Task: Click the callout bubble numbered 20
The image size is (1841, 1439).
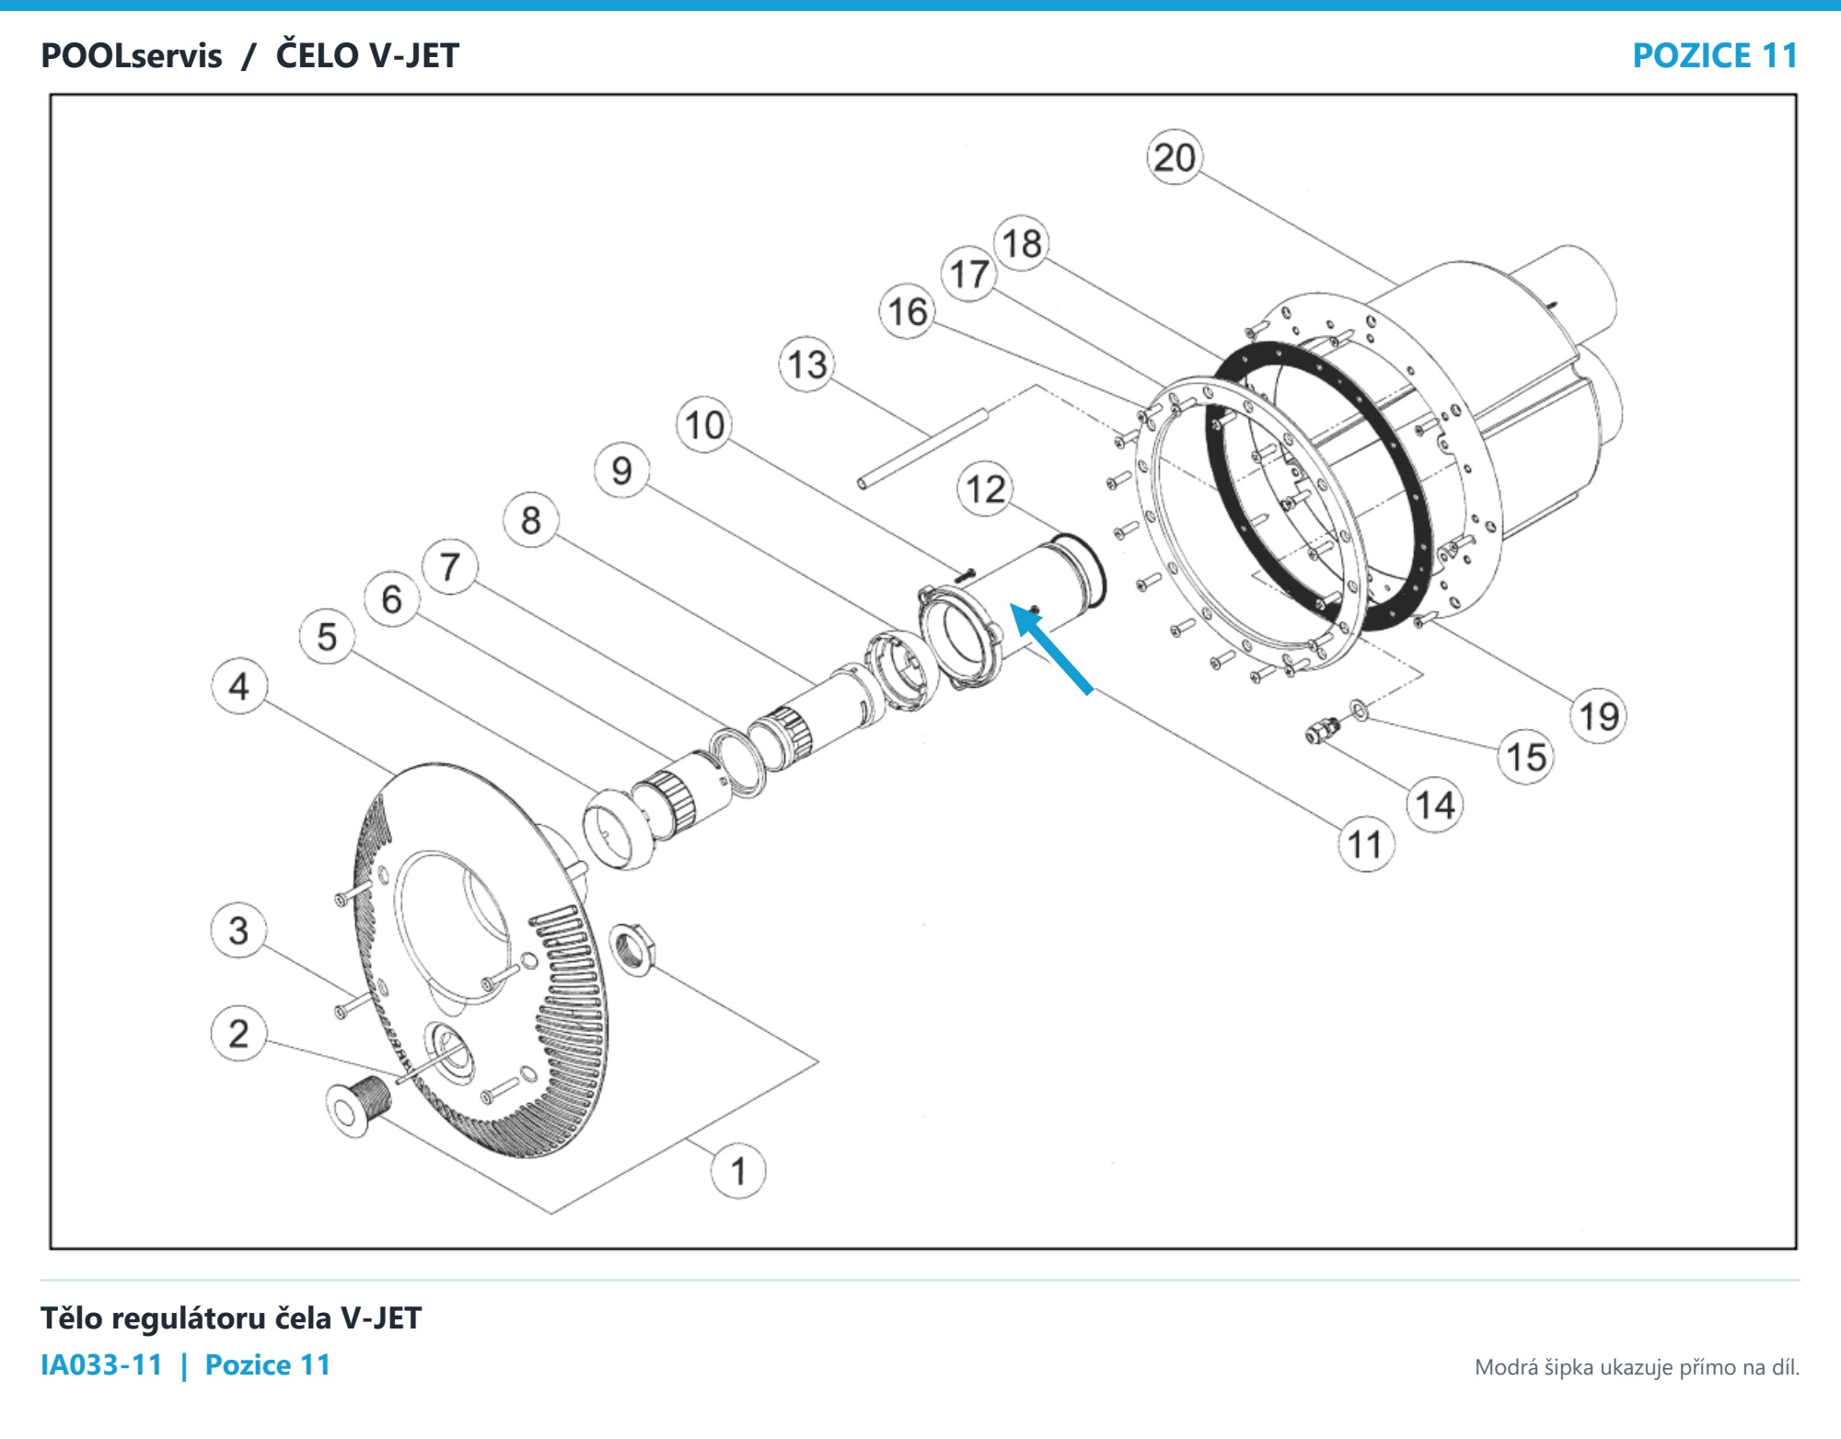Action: point(1175,157)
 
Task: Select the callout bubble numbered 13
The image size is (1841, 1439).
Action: point(807,365)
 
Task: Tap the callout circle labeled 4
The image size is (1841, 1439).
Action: point(239,686)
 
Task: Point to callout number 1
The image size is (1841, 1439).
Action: point(738,1171)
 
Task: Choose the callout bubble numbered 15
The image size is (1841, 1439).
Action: point(1526,757)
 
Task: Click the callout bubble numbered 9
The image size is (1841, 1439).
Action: point(622,470)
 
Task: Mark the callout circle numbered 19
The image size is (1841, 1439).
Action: point(1599,715)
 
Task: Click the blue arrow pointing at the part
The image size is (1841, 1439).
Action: point(1051,647)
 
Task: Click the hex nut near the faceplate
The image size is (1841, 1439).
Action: point(632,950)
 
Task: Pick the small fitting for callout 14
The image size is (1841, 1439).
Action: point(1323,731)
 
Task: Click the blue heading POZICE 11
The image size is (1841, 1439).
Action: point(1715,55)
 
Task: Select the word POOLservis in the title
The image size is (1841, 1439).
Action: point(132,56)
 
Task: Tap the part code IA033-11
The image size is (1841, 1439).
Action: point(101,1364)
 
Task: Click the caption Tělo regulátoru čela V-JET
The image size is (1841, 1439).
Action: point(231,1318)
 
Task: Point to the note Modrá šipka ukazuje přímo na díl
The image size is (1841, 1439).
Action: point(1637,1367)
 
